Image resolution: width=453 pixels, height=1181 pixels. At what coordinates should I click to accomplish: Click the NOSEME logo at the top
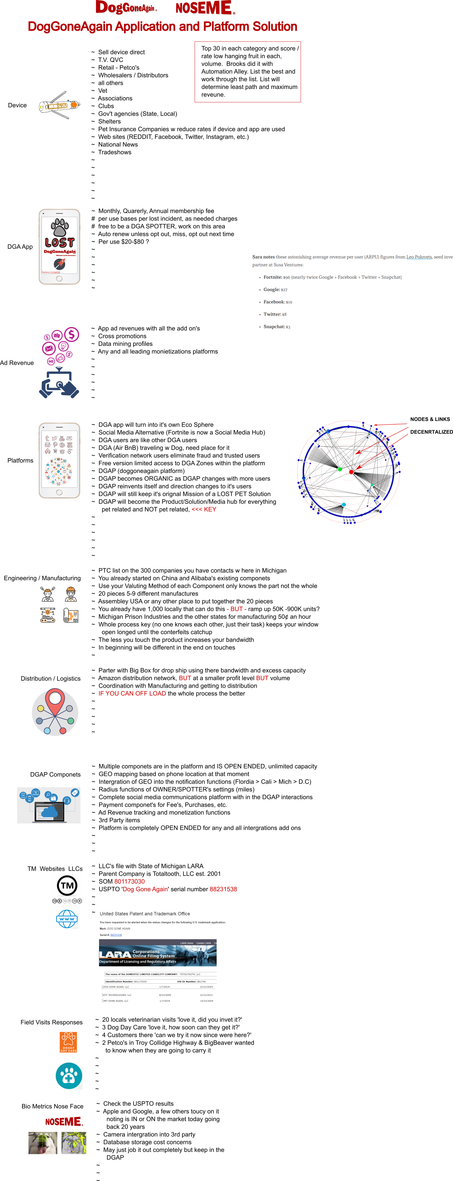[x=205, y=8]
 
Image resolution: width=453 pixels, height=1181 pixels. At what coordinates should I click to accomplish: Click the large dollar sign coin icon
[x=71, y=334]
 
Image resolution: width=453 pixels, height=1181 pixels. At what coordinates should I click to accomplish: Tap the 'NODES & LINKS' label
[x=430, y=419]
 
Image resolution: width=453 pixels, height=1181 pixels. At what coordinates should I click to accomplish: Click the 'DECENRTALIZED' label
[x=431, y=432]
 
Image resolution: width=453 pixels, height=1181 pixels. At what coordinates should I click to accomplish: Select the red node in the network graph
[x=351, y=472]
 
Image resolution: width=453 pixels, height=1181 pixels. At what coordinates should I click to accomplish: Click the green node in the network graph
[x=339, y=469]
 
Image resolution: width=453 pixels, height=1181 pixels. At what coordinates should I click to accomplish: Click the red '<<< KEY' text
[x=204, y=509]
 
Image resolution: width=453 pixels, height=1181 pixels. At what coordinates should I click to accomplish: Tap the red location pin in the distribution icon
[x=55, y=701]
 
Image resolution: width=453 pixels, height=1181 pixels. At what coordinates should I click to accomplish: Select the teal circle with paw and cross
[x=69, y=1075]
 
